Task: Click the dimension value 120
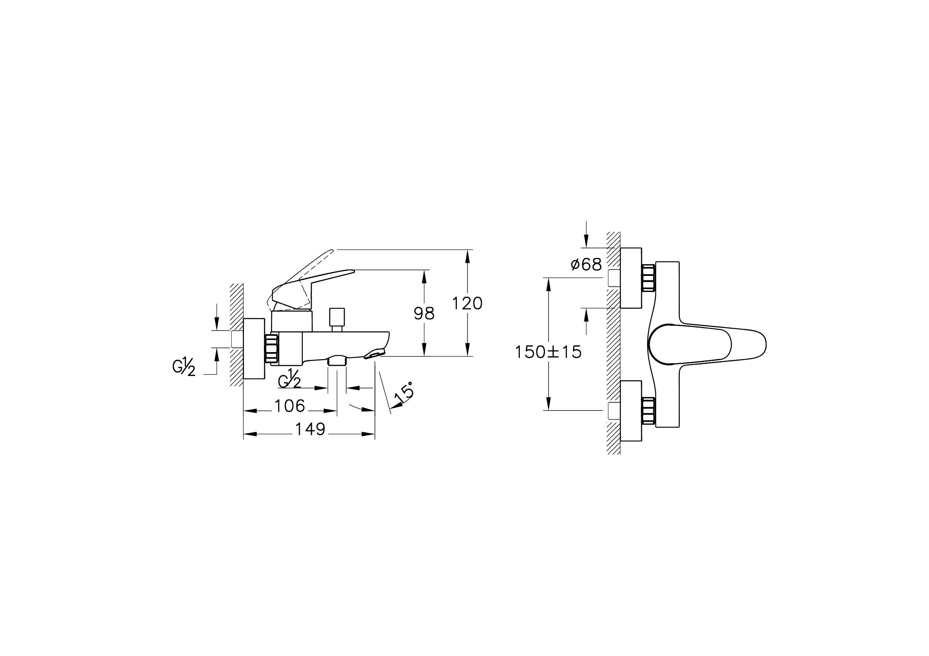pyautogui.click(x=467, y=303)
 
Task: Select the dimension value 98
pyautogui.click(x=424, y=313)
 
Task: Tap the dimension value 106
pyautogui.click(x=290, y=406)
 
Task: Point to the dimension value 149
pyautogui.click(x=310, y=429)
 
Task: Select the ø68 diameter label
pyautogui.click(x=586, y=265)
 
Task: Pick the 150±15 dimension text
pyautogui.click(x=548, y=352)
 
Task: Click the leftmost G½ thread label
pyautogui.click(x=184, y=367)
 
